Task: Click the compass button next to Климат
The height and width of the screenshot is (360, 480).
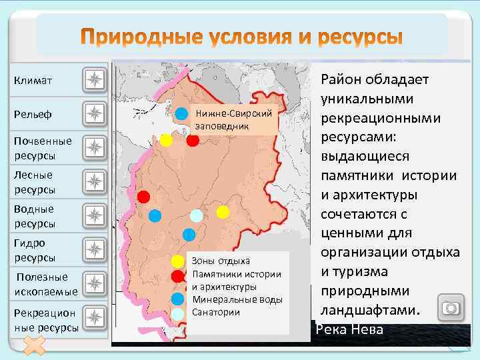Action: pos(95,81)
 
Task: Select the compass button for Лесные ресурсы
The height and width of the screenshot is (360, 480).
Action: pos(95,181)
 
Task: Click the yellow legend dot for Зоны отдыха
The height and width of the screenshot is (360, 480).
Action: pos(177,261)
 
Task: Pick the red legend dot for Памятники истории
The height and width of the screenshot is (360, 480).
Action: pos(177,276)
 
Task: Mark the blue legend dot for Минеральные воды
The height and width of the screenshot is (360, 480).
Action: pos(177,299)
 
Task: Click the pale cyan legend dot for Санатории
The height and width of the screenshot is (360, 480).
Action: pos(177,313)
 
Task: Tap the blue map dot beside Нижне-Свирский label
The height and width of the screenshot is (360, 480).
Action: pos(181,113)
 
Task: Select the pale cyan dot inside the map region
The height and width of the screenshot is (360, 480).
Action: pos(196,215)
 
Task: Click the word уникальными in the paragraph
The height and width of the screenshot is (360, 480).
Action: pos(367,99)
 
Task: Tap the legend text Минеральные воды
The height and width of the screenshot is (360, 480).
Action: pos(237,299)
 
